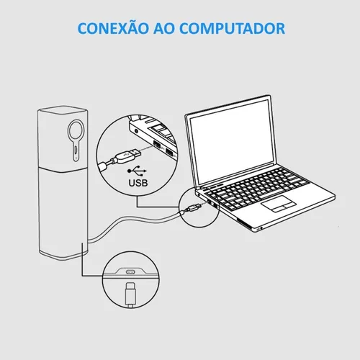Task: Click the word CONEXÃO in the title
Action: click(x=113, y=28)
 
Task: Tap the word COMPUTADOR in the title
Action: click(x=233, y=29)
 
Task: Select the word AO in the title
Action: click(x=164, y=29)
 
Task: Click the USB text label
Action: click(x=138, y=183)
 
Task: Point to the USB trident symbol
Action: click(x=137, y=171)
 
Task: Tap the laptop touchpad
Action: click(x=279, y=204)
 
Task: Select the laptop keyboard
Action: click(x=257, y=189)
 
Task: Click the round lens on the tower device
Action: click(x=76, y=130)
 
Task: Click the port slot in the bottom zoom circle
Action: click(x=130, y=271)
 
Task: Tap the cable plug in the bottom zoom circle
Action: click(x=130, y=294)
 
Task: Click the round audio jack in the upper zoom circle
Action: click(x=137, y=131)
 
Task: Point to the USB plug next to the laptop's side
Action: click(x=194, y=207)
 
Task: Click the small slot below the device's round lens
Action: click(x=76, y=150)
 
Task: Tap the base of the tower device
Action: click(x=63, y=255)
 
